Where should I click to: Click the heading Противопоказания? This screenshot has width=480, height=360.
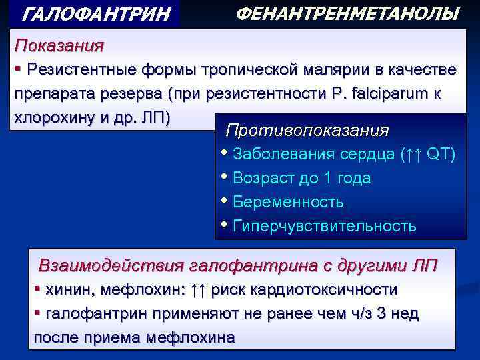(307, 129)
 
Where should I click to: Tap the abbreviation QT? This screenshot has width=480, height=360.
(441, 155)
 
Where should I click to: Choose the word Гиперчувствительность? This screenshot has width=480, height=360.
(325, 225)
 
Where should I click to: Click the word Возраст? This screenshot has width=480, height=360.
(266, 178)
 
